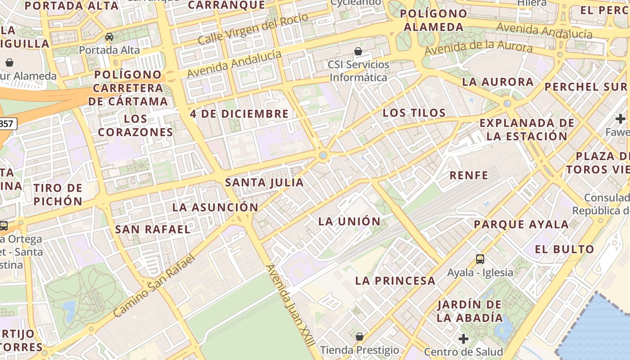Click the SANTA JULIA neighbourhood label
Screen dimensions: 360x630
264,183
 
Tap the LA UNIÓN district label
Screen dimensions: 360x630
349,221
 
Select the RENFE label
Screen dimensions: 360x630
469,175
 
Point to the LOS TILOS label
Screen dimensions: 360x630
414,113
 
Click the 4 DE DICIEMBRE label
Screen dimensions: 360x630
239,114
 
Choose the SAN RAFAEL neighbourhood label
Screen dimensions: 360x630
153,229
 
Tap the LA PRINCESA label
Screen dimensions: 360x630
395,281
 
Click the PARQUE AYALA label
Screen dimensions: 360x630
521,225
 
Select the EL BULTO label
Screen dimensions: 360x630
565,249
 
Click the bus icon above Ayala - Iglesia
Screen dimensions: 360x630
480,259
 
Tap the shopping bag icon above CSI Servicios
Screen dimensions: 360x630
358,51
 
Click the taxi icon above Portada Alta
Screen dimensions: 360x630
109,37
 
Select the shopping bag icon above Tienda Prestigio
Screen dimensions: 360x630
359,337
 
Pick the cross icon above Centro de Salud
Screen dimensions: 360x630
463,339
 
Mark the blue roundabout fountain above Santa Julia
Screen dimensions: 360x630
323,156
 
